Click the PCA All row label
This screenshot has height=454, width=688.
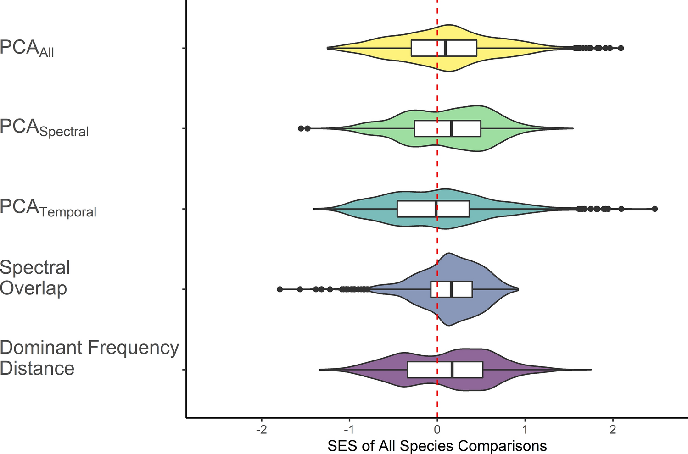pyautogui.click(x=27, y=49)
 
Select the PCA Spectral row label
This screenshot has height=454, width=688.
pyautogui.click(x=44, y=128)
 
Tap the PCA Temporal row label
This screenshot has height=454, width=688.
pyautogui.click(x=48, y=208)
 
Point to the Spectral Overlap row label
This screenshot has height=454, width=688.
pyautogui.click(x=35, y=278)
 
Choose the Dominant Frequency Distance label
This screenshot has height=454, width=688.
pyautogui.click(x=89, y=358)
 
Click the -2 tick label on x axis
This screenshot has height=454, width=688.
pyautogui.click(x=261, y=430)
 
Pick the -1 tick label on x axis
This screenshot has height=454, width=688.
pyautogui.click(x=349, y=430)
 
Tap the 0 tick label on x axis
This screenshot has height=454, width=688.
pyautogui.click(x=437, y=430)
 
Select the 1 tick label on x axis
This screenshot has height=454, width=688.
pyautogui.click(x=525, y=430)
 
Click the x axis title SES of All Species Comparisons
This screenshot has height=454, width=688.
pyautogui.click(x=437, y=446)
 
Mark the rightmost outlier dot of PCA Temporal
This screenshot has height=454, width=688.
pyautogui.click(x=654, y=209)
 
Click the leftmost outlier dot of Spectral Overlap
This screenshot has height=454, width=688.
pyautogui.click(x=280, y=289)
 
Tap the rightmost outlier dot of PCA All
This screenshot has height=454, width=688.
pyautogui.click(x=621, y=48)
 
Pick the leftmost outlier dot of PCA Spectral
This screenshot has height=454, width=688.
pyautogui.click(x=301, y=128)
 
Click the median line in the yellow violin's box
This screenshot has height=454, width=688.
pyautogui.click(x=445, y=48)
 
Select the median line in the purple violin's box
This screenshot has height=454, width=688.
pyautogui.click(x=453, y=370)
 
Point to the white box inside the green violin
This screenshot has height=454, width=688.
pyautogui.click(x=447, y=128)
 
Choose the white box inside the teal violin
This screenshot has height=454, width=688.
pyautogui.click(x=433, y=209)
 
